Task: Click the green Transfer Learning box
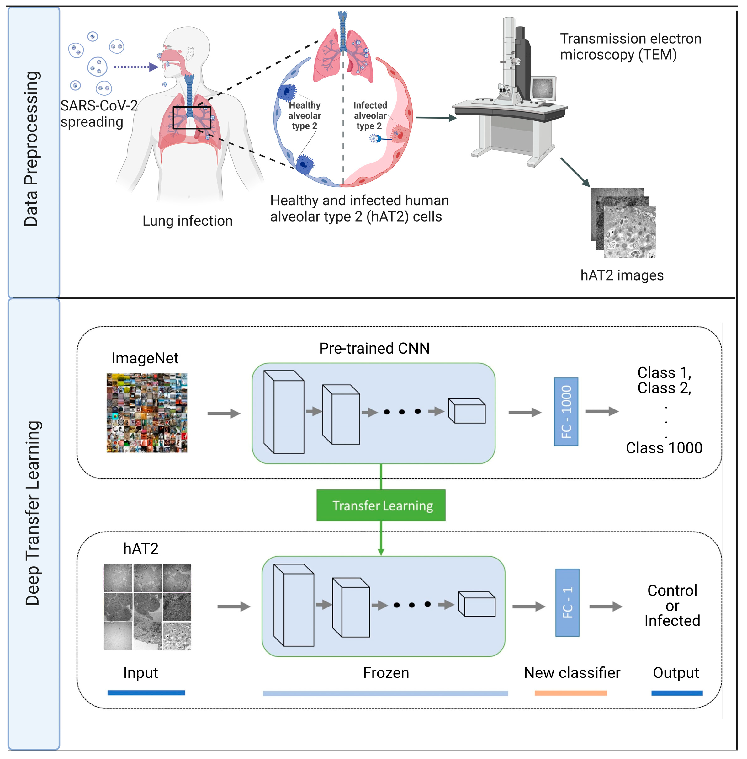click(381, 505)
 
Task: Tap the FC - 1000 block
click(566, 412)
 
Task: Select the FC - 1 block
click(567, 602)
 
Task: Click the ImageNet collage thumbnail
click(147, 413)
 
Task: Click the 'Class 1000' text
click(664, 448)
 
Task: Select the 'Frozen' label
click(386, 673)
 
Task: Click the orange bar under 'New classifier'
click(570, 693)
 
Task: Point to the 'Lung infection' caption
click(187, 221)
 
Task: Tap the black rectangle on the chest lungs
click(192, 118)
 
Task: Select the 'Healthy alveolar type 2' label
click(305, 116)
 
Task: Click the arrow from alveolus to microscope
click(436, 118)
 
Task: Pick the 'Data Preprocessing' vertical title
click(32, 149)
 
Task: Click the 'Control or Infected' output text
click(672, 606)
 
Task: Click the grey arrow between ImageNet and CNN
click(224, 413)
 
